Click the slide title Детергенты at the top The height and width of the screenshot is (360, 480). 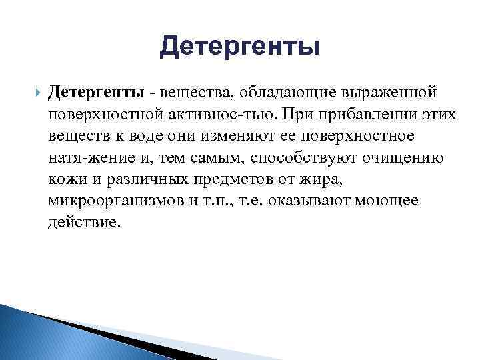(240, 47)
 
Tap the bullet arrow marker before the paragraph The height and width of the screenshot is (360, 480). (36, 91)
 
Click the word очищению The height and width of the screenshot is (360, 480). (393, 158)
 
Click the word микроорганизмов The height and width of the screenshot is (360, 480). (108, 202)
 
